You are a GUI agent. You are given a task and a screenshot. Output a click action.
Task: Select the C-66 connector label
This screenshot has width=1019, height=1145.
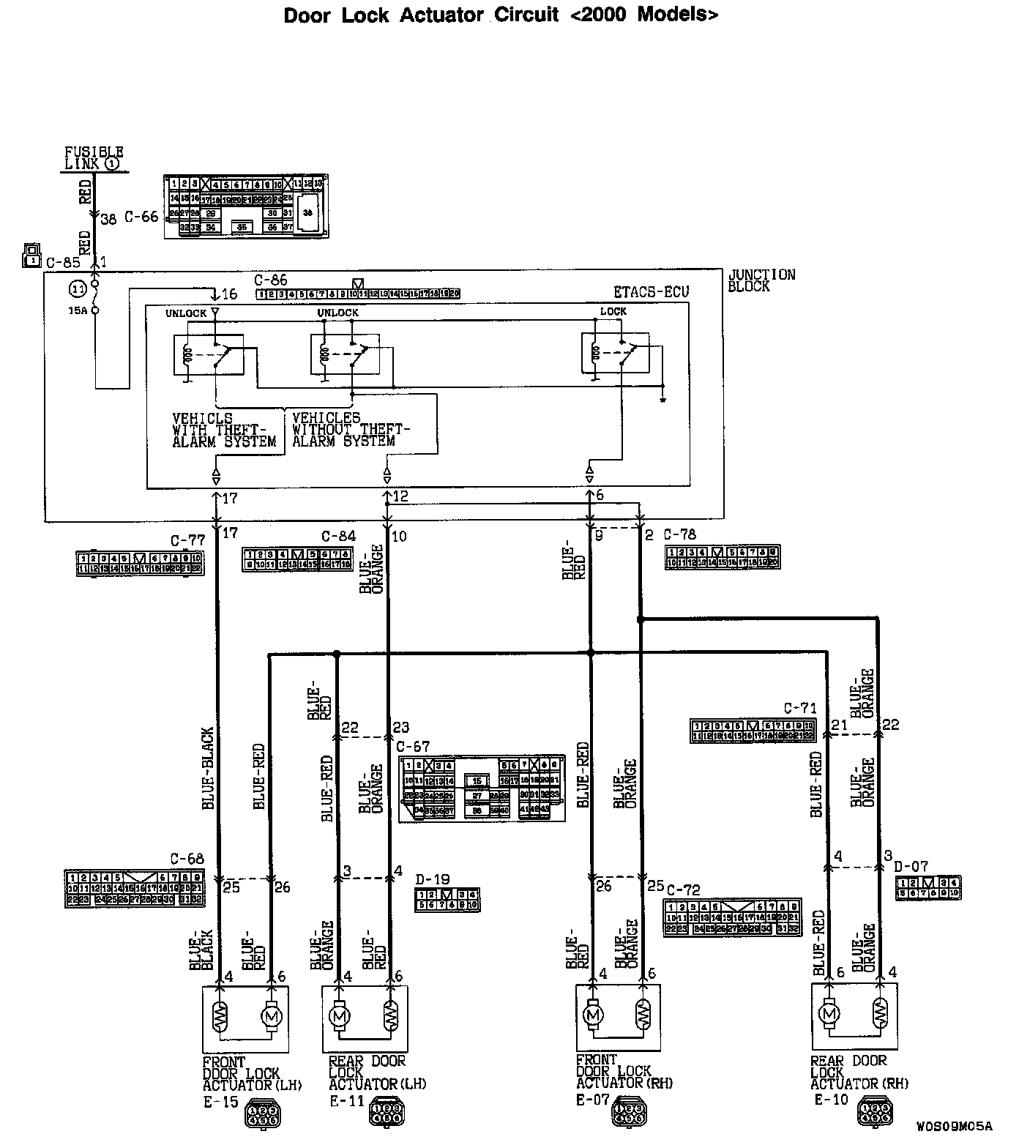point(141,217)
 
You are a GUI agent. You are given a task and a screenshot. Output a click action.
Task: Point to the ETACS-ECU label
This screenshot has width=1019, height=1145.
point(651,292)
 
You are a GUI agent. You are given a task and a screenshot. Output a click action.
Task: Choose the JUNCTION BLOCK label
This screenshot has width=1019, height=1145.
point(761,280)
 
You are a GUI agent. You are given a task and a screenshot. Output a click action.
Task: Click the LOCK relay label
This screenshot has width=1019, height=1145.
point(613,311)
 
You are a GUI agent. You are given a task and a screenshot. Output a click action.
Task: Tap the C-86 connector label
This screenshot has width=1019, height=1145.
point(271,280)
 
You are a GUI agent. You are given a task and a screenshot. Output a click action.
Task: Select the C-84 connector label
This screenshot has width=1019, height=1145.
point(338,537)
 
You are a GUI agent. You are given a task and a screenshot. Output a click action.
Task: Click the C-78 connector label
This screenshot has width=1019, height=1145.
point(680,534)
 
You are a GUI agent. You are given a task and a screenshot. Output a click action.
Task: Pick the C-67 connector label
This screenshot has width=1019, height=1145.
point(413,747)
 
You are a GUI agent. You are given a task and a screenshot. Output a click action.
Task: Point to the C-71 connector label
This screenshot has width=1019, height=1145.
point(799,709)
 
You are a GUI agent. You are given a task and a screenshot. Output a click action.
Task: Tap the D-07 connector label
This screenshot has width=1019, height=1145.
point(911,867)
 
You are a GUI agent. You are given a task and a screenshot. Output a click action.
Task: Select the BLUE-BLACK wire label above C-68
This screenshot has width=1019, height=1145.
point(208,769)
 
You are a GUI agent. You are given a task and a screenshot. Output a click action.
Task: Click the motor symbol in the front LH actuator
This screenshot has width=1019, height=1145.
point(271,1017)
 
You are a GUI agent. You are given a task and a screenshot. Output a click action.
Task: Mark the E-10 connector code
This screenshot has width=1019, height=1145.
point(831,1100)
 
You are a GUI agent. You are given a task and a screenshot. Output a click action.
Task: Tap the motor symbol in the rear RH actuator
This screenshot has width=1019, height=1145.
point(829,1014)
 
